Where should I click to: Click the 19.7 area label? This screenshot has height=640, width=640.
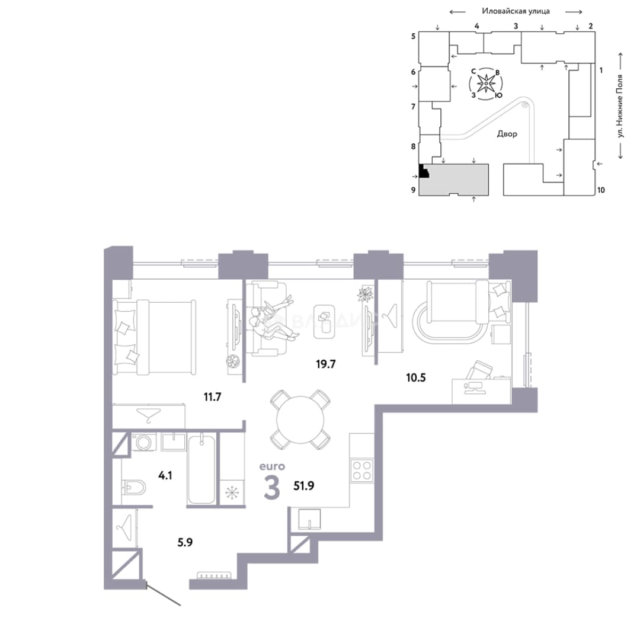[x=325, y=364]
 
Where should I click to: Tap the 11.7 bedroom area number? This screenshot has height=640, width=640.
[x=212, y=396]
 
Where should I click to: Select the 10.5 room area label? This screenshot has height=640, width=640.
[x=415, y=377]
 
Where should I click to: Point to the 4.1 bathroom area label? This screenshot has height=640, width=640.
[x=165, y=475]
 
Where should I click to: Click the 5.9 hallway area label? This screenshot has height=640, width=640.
[x=185, y=542]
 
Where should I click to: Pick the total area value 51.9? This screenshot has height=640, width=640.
[x=303, y=486]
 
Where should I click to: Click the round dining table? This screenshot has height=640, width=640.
[x=300, y=420]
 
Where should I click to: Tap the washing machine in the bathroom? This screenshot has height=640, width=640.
[x=143, y=441]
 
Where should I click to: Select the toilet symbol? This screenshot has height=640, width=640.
[x=134, y=487]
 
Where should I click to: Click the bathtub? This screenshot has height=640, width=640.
[x=201, y=469]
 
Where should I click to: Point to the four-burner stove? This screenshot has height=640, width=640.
[x=362, y=470]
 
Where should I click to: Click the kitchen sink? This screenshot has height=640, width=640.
[x=309, y=519]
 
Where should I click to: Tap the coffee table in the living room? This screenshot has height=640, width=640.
[x=324, y=322]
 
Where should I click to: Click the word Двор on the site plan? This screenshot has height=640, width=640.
[x=507, y=134]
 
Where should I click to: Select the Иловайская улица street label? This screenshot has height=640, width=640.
[x=516, y=11]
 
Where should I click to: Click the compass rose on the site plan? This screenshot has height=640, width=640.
[x=486, y=84]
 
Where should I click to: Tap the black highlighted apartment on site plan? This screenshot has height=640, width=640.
[x=424, y=171]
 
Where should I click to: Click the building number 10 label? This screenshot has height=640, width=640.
[x=601, y=190]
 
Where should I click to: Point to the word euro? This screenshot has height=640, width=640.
[x=272, y=466]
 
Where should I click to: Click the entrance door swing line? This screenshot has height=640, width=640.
[x=164, y=595]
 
